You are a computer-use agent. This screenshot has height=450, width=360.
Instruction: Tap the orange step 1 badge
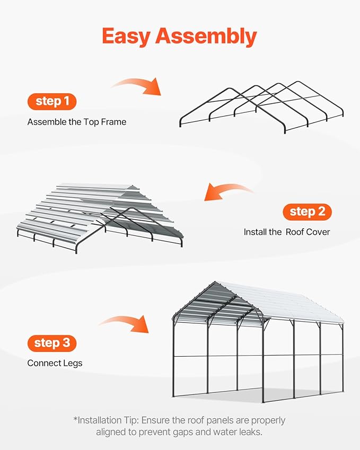pyautogui.click(x=52, y=101)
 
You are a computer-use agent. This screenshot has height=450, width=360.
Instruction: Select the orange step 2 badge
pyautogui.click(x=308, y=212)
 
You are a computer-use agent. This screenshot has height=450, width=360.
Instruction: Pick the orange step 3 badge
pyautogui.click(x=52, y=343)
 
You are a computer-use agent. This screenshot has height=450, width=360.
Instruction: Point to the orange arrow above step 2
pyautogui.click(x=228, y=191)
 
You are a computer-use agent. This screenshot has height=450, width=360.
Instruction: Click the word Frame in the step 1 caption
pyautogui.click(x=114, y=122)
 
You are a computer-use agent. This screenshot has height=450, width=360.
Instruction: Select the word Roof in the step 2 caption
pyautogui.click(x=295, y=232)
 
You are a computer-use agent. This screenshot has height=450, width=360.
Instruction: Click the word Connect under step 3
pyautogui.click(x=44, y=363)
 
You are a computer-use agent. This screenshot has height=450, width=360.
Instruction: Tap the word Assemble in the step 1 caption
pyautogui.click(x=47, y=122)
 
